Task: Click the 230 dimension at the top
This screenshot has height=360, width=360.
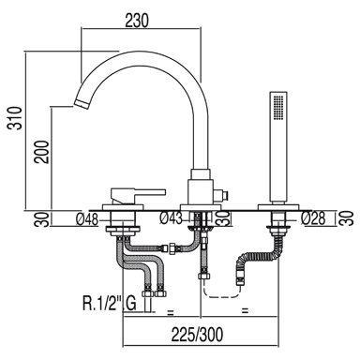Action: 137,21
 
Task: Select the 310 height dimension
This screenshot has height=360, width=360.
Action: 16,118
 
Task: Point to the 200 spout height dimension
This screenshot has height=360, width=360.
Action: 42,152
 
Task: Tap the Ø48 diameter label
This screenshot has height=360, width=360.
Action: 87,219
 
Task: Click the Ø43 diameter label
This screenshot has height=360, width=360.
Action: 171,217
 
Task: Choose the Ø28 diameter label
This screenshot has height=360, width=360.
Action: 313,218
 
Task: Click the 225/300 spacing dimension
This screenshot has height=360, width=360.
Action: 198,335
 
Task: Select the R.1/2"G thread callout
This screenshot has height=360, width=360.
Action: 110,304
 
